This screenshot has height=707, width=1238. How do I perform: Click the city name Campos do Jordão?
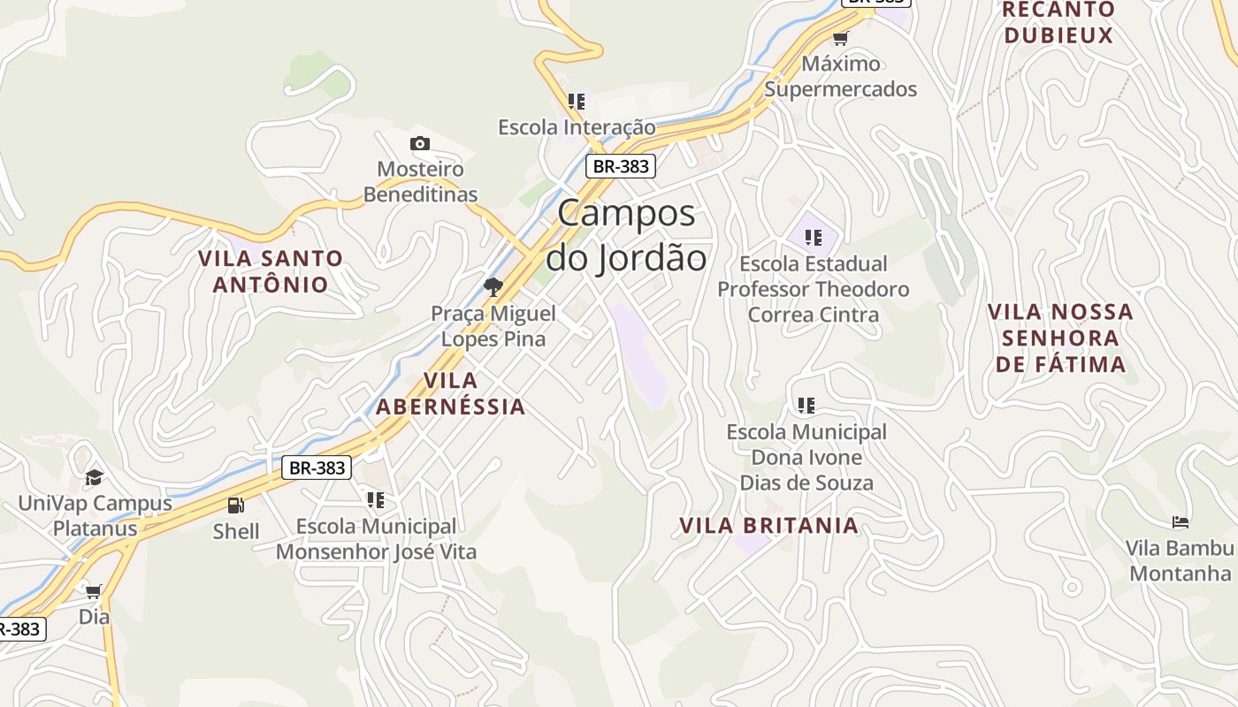(x=626, y=236)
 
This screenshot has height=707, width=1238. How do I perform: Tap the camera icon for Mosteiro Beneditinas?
(x=420, y=143)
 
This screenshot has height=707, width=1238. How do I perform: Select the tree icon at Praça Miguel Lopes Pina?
(x=493, y=286)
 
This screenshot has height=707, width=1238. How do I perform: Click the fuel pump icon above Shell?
(x=236, y=506)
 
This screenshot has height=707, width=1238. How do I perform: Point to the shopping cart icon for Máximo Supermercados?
(x=840, y=38)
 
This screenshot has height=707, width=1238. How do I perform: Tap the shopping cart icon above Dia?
(x=94, y=590)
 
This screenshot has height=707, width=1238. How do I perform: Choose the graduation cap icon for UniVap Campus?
(x=94, y=478)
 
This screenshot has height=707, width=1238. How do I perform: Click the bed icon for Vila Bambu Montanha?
(x=1180, y=522)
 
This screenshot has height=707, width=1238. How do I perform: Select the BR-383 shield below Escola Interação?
(x=621, y=166)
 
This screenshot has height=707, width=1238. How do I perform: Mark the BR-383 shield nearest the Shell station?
(x=317, y=468)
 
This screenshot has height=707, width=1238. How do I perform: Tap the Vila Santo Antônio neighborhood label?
(x=271, y=271)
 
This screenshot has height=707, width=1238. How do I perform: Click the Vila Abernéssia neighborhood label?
(x=451, y=393)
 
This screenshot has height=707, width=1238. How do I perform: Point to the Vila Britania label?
(x=768, y=526)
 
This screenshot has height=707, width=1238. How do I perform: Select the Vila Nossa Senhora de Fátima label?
(x=1060, y=338)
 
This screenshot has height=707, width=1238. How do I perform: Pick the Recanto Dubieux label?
(x=1058, y=23)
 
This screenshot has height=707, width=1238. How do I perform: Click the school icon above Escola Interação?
(x=577, y=102)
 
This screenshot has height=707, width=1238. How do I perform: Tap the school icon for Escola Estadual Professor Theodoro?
(x=814, y=237)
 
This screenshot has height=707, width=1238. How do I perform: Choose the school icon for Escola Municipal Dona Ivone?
(x=806, y=406)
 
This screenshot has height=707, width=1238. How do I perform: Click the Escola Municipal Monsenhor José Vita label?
(x=376, y=539)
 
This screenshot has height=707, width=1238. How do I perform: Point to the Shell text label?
(x=236, y=531)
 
